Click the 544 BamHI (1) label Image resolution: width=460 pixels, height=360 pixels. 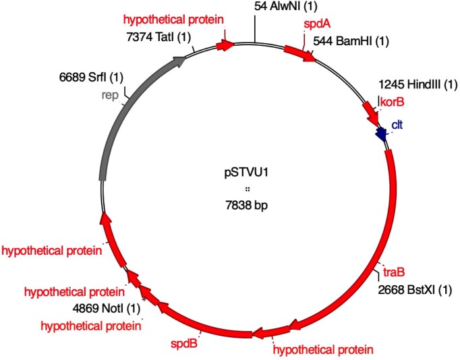tap(351, 42)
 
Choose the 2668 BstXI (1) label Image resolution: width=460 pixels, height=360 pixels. tap(413, 291)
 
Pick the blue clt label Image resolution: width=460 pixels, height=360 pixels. tap(397, 125)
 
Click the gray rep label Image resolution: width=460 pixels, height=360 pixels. tap(110, 95)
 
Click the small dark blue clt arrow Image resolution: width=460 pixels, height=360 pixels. tap(383, 135)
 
